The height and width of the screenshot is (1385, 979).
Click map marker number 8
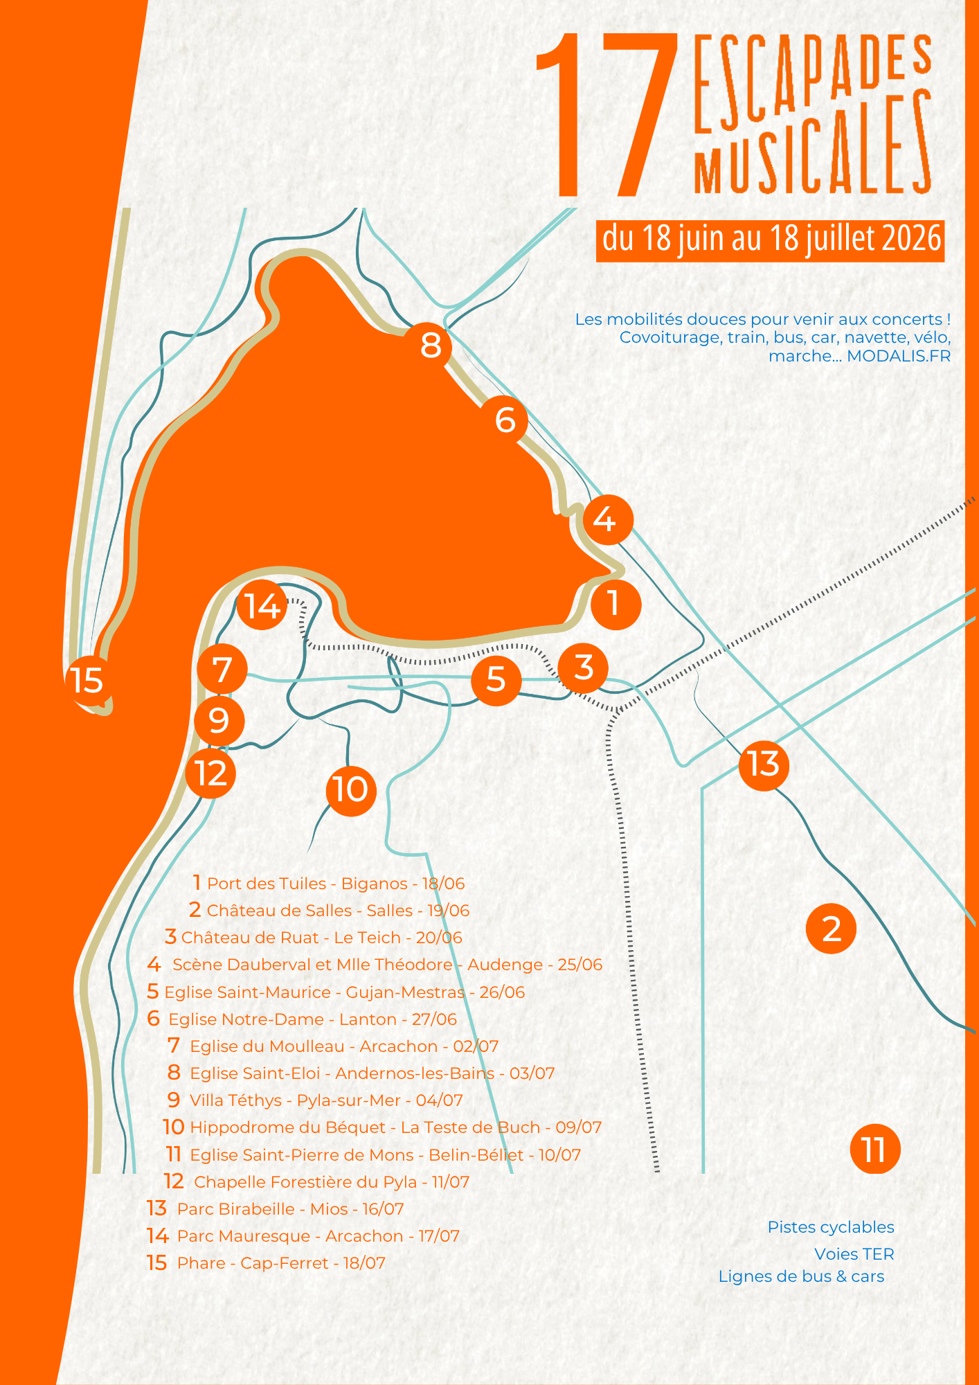[430, 345]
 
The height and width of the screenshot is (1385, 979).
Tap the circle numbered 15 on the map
[87, 679]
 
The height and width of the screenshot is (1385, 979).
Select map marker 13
[764, 765]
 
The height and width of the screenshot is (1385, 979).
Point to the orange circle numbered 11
[875, 1150]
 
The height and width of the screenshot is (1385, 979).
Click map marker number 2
[831, 929]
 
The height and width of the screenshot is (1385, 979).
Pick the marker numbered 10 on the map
[351, 790]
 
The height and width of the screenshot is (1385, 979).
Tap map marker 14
[262, 606]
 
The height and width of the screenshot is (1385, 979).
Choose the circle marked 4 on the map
[608, 519]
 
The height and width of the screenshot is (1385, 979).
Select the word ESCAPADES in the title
[813, 82]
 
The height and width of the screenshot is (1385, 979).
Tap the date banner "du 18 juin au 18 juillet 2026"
[771, 239]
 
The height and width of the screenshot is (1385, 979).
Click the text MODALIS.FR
[899, 356]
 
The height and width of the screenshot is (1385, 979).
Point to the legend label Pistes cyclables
[831, 1227]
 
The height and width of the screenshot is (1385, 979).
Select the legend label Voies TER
[854, 1254]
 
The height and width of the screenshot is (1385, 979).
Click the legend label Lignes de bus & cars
[801, 1276]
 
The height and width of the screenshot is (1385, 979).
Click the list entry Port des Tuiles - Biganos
[329, 884]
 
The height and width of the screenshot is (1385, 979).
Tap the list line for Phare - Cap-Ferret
[266, 1263]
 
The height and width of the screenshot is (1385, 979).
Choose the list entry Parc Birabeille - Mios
[275, 1209]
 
